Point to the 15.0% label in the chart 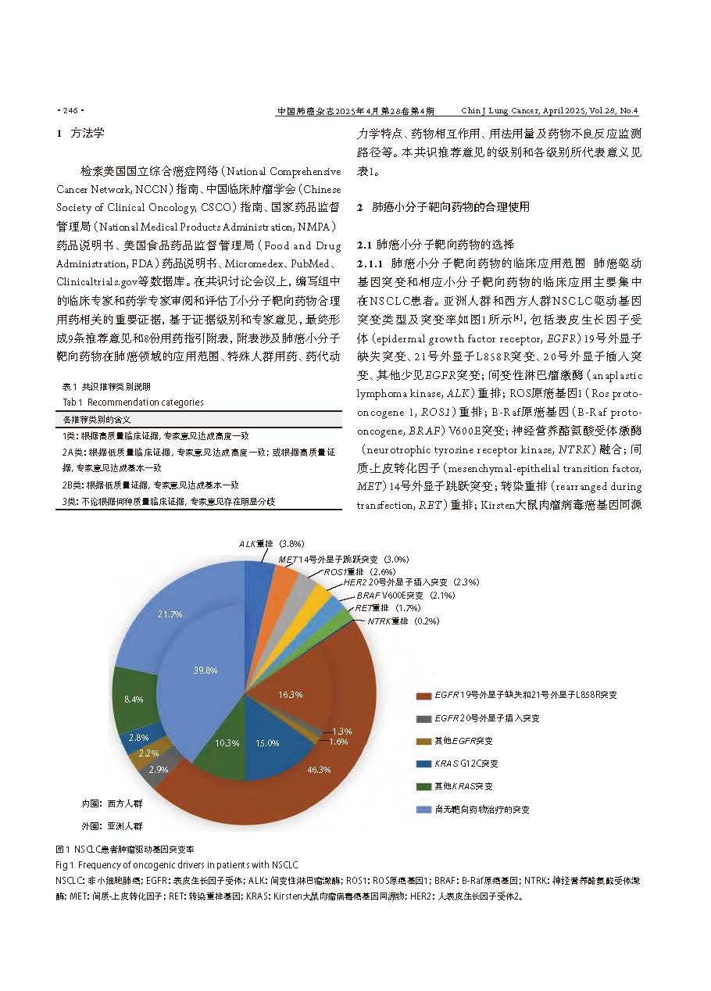(x=267, y=742)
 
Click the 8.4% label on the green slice (x=134, y=699)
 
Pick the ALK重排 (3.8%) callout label (x=271, y=542)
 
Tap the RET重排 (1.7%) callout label (x=388, y=607)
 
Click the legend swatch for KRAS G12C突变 (x=423, y=764)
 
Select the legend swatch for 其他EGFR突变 (x=423, y=740)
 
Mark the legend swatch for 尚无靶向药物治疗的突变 (x=423, y=810)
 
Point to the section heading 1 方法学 (x=80, y=133)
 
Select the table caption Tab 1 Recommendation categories (x=133, y=402)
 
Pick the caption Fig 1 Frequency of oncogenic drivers (x=177, y=865)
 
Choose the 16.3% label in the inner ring (x=291, y=694)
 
